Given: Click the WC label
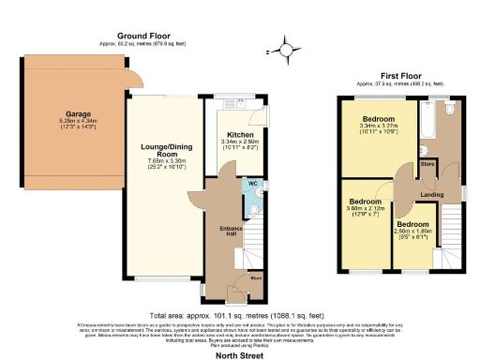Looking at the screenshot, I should coord(253,183).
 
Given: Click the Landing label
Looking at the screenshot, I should coord(432,194).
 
